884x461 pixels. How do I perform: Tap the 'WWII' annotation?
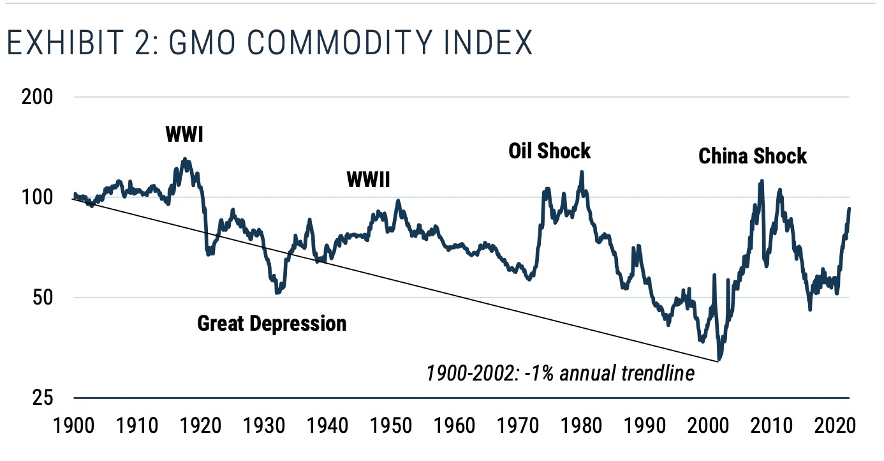368,180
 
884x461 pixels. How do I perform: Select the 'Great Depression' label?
272,323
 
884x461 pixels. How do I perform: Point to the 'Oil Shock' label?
549,151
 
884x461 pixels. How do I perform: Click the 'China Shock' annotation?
753,156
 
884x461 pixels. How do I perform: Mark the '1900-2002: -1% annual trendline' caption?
560,373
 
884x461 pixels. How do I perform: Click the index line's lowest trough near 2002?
719,359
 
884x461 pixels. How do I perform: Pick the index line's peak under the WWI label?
185,160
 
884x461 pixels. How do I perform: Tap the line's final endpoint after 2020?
850,209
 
